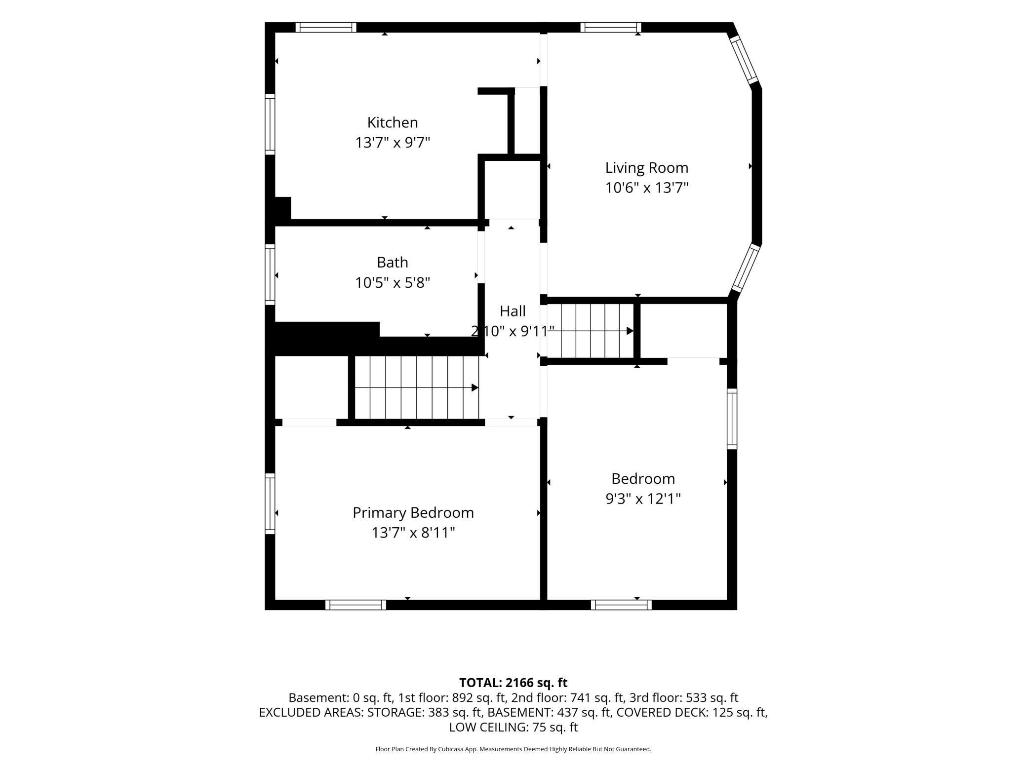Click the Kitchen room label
pyautogui.click(x=393, y=122)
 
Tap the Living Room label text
pyautogui.click(x=647, y=168)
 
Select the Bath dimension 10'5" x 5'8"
pyautogui.click(x=393, y=283)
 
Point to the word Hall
pyautogui.click(x=513, y=311)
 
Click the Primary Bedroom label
pyautogui.click(x=413, y=513)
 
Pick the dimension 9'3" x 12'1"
pyautogui.click(x=643, y=499)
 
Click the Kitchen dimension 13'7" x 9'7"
pyautogui.click(x=393, y=143)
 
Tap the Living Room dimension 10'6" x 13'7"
pyautogui.click(x=647, y=188)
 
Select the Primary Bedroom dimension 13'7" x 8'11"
pyautogui.click(x=413, y=533)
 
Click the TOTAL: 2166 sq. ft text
pyautogui.click(x=513, y=683)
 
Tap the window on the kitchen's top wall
pyautogui.click(x=326, y=27)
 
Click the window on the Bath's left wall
pyautogui.click(x=270, y=274)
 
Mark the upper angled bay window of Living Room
pyautogui.click(x=744, y=60)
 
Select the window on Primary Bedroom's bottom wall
pyautogui.click(x=355, y=605)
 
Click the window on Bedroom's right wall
pyautogui.click(x=732, y=419)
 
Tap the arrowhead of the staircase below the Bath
pyautogui.click(x=475, y=387)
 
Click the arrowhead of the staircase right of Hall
pyautogui.click(x=630, y=331)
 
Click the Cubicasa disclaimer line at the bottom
pyautogui.click(x=513, y=749)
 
